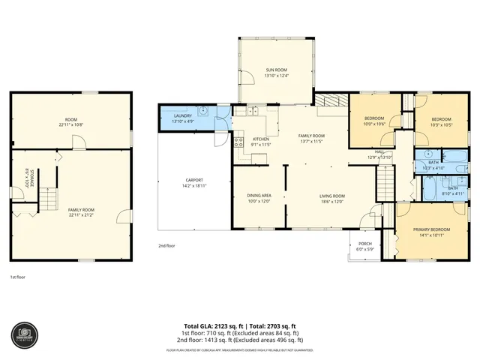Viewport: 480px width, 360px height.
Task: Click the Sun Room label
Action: point(276,70)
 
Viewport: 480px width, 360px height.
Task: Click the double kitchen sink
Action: point(253,111)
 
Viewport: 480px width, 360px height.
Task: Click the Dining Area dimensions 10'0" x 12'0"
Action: point(258,201)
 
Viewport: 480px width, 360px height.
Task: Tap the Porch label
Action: point(365,243)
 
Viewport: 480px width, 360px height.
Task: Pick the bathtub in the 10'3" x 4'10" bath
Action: point(454,157)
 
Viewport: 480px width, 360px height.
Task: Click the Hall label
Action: point(380,153)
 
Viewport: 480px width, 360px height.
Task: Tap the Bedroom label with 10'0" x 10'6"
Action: point(374,118)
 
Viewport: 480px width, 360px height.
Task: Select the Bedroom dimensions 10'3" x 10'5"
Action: point(441,125)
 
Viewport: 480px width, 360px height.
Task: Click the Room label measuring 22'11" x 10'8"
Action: point(71,120)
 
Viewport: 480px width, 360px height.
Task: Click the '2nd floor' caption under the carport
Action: point(166,245)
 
